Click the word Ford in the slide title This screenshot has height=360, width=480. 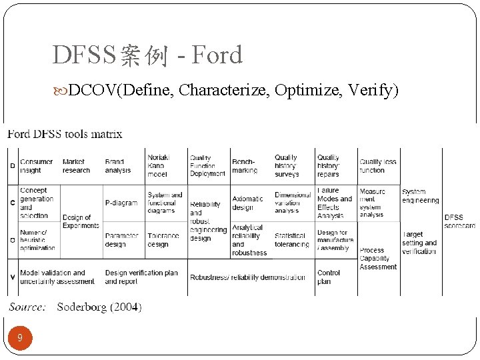(217, 55)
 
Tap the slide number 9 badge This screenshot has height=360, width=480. (20, 338)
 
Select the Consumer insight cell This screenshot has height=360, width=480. (36, 166)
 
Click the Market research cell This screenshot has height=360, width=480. (76, 166)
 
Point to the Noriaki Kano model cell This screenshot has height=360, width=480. (159, 165)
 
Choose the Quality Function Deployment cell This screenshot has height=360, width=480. (207, 165)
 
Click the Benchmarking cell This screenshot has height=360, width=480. (245, 166)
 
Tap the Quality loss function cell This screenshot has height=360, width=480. (378, 166)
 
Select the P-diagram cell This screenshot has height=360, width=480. (121, 203)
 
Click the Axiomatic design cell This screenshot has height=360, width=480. (247, 203)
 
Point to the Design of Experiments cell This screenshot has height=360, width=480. (81, 221)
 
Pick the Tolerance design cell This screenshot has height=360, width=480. (163, 239)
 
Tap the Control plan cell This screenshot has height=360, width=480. (329, 277)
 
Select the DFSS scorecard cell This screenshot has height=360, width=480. (459, 221)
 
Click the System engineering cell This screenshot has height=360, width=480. (420, 196)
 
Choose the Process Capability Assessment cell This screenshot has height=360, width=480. (378, 259)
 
